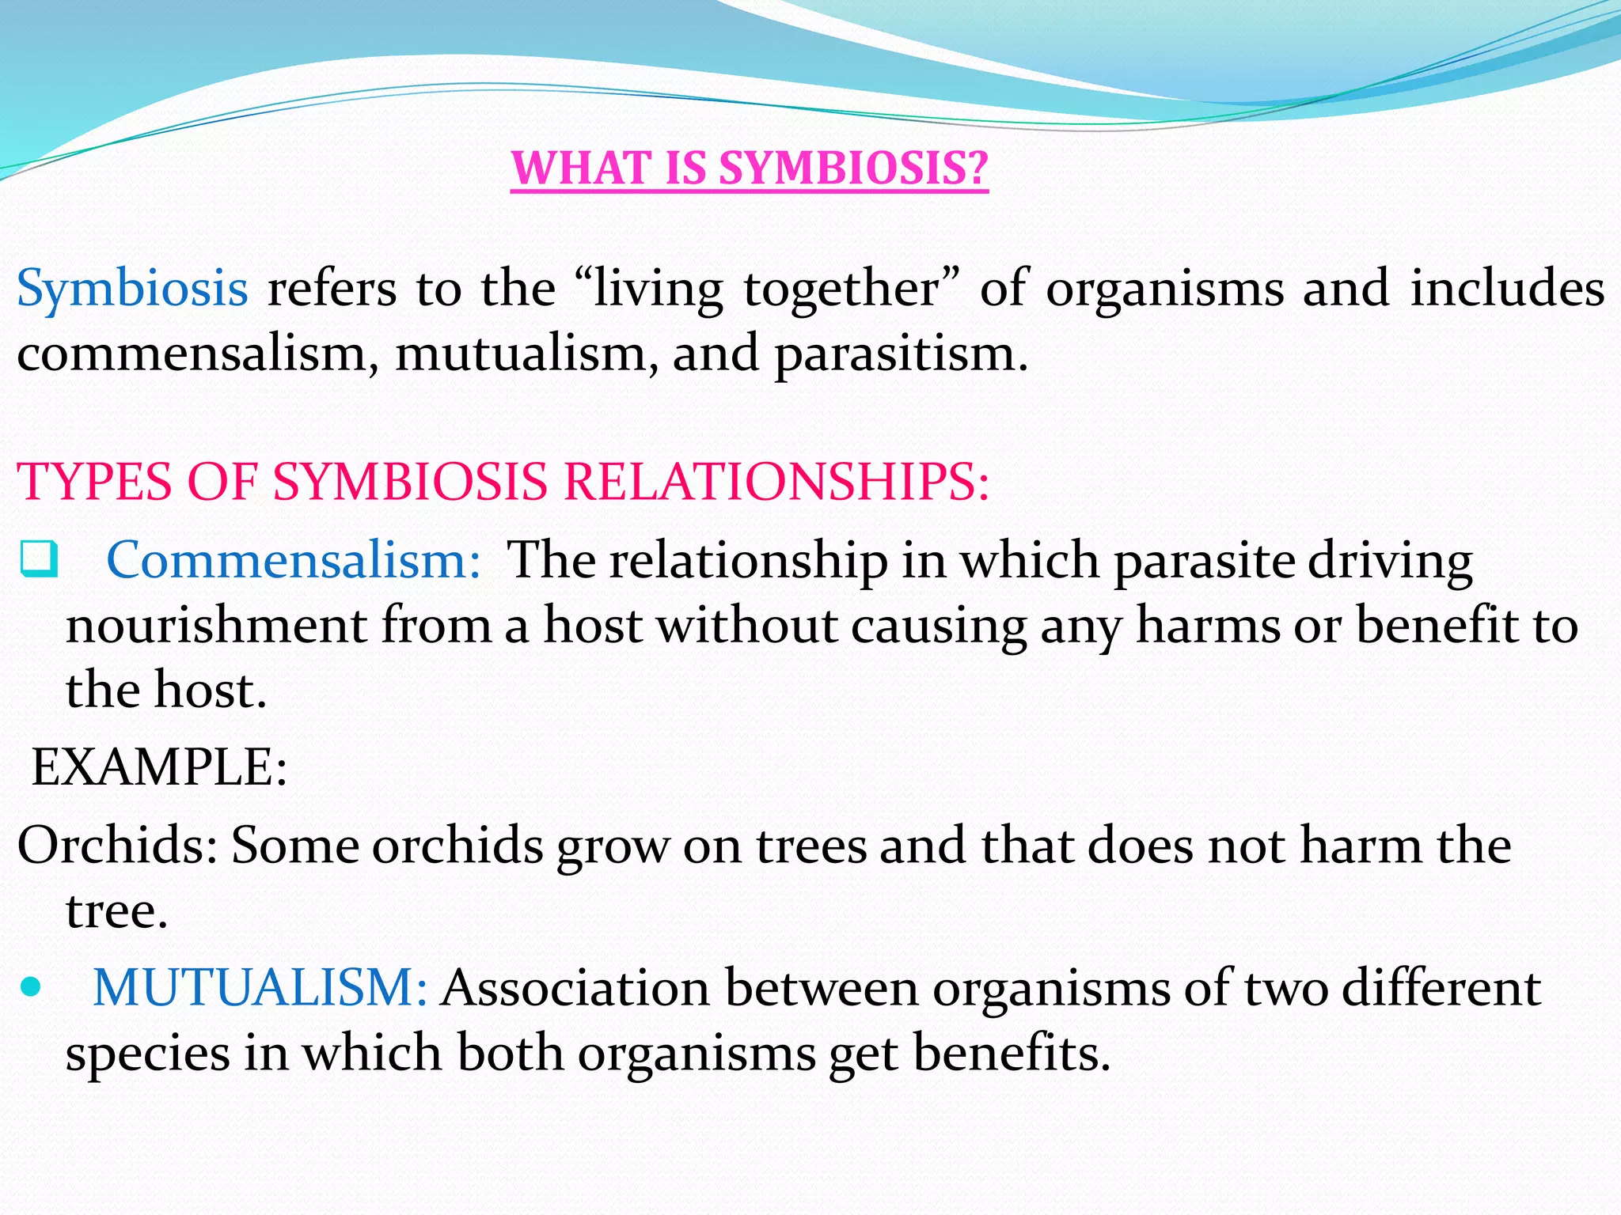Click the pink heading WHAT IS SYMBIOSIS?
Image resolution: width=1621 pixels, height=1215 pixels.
[749, 168]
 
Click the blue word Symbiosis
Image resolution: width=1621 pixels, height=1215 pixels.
[132, 289]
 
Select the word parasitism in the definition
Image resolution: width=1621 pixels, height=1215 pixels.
[900, 354]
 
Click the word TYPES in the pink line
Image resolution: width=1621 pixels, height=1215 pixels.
[94, 482]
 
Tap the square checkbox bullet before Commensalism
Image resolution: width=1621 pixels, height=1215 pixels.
[38, 559]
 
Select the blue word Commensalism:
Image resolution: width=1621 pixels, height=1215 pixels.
[294, 560]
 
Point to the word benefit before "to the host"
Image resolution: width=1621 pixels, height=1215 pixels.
[1437, 626]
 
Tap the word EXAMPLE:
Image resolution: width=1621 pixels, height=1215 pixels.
[158, 766]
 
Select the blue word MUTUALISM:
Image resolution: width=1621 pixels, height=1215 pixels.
[260, 988]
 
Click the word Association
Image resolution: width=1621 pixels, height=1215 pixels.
[575, 988]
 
